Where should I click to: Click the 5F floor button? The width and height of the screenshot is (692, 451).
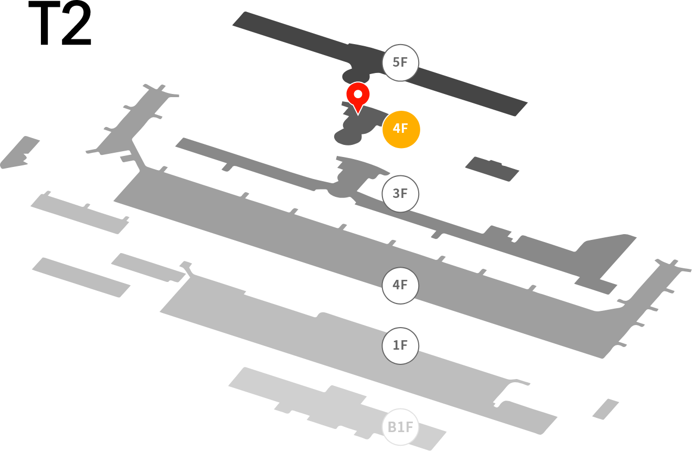click(x=400, y=63)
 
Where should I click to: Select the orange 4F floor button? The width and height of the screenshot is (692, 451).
click(x=401, y=129)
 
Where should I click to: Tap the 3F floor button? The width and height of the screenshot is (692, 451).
click(x=400, y=194)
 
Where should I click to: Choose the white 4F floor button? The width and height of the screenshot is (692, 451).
click(x=400, y=285)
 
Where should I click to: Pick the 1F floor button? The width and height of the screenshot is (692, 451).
click(x=400, y=345)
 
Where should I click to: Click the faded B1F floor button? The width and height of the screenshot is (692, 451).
click(x=400, y=427)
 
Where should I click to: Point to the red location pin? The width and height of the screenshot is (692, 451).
click(x=358, y=97)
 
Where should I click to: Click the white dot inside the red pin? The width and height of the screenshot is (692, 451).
click(x=358, y=94)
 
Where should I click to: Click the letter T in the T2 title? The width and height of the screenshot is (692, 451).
click(x=44, y=23)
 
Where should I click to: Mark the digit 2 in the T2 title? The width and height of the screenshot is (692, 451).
click(x=77, y=23)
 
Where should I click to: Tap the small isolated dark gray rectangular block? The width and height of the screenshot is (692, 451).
click(x=492, y=169)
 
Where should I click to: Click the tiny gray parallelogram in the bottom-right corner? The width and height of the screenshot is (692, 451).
click(x=605, y=410)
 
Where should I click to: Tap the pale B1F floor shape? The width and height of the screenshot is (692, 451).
click(x=337, y=408)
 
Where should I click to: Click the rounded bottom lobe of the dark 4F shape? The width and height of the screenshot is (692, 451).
click(x=348, y=138)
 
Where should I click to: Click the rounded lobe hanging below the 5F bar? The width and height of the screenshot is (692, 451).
click(x=355, y=76)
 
